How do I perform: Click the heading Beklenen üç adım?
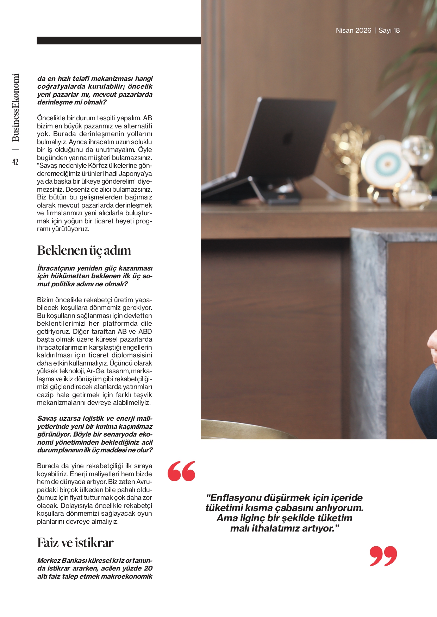point(84,250)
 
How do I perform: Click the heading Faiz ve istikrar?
point(75,543)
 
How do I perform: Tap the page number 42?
point(15,162)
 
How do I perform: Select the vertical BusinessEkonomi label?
point(15,108)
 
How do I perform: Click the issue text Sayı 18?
point(389,31)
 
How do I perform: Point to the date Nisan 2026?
point(353,31)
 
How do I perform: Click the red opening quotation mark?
point(181,471)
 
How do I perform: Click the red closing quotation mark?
point(383,556)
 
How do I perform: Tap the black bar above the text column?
point(119,40)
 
